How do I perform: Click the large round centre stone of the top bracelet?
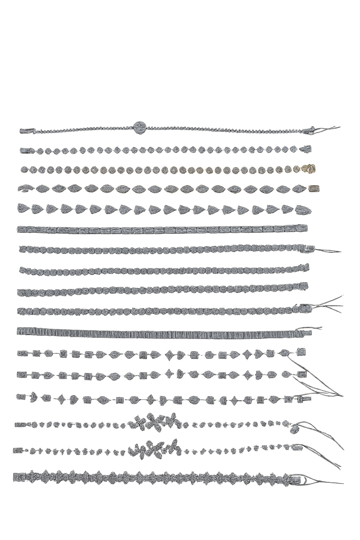(140, 127)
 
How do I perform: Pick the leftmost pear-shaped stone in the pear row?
(23, 208)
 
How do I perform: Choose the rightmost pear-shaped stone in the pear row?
(303, 210)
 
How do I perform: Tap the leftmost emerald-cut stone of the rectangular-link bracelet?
(22, 229)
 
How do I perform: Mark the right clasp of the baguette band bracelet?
(304, 332)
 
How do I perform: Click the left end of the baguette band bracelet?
(20, 331)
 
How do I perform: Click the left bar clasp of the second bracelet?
(27, 151)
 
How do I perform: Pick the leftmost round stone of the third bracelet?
(25, 169)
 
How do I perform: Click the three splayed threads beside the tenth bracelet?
(329, 304)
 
